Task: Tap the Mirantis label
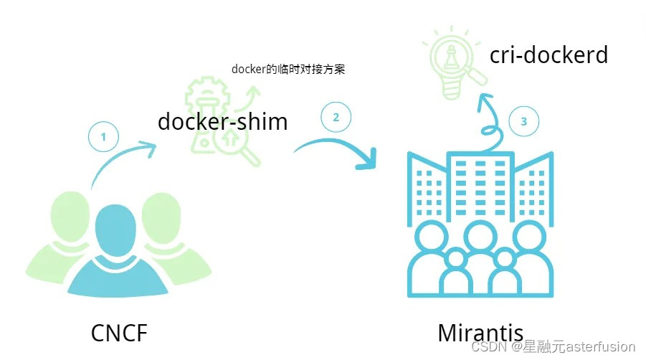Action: tap(480, 333)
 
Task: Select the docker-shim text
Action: tap(222, 121)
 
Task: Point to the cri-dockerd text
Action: tap(548, 55)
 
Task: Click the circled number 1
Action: tap(103, 138)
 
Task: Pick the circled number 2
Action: tap(336, 116)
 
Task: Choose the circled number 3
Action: tap(523, 122)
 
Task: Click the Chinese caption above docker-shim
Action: tap(289, 69)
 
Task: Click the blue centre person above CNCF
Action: tap(115, 229)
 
